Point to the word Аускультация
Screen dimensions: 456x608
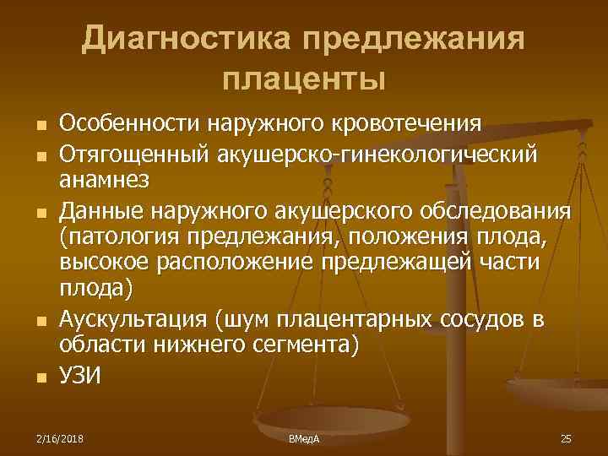[134, 320]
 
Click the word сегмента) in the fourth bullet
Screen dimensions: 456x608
[311, 347]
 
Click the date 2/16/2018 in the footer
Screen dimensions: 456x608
[60, 439]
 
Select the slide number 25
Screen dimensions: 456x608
[566, 439]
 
